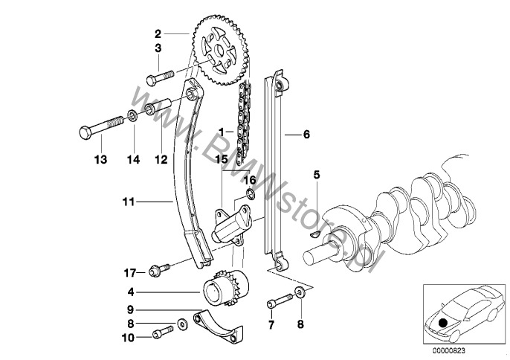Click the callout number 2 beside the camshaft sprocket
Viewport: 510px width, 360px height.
[158, 33]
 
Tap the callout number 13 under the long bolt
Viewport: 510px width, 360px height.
[100, 159]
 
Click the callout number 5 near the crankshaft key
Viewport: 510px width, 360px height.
[316, 196]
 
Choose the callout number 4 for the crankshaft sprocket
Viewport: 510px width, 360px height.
[130, 293]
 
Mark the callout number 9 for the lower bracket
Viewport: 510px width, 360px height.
[130, 309]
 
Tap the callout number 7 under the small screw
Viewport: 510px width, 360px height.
[271, 324]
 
